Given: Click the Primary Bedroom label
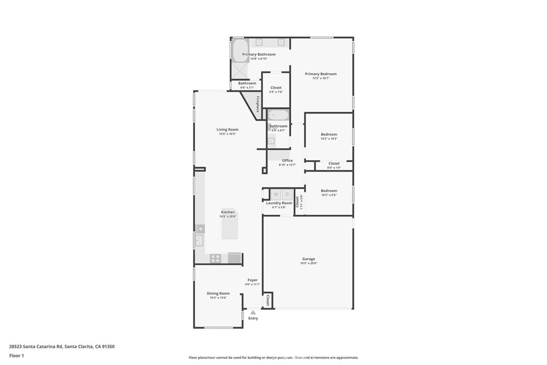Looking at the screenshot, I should coord(321,74).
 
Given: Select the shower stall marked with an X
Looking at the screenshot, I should coord(239,71).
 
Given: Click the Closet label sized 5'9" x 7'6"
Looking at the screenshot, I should coord(276,88).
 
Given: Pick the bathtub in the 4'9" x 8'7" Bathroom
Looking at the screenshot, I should coord(278,115).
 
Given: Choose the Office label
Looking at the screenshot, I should coord(287,160).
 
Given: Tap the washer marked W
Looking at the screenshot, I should coord(276,195).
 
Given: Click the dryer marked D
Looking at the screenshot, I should coord(287,195).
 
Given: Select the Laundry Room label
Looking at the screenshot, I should coord(279,203).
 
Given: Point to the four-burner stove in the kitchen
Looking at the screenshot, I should coord(215,258).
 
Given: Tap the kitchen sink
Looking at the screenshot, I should coord(200,240).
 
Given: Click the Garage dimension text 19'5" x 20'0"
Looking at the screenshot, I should coord(308,263).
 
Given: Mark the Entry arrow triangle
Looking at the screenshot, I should coord(253,312).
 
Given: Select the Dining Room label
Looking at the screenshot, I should coord(218,293).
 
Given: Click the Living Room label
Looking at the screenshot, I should coord(227,129).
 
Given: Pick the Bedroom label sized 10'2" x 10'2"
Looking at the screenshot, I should coord(329,134).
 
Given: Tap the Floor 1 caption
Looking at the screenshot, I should coord(17,355).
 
